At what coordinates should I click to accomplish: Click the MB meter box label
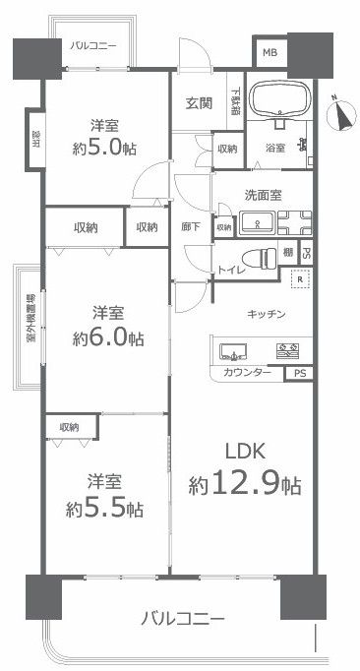pyautogui.click(x=270, y=52)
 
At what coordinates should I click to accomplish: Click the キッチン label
pyautogui.click(x=266, y=313)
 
